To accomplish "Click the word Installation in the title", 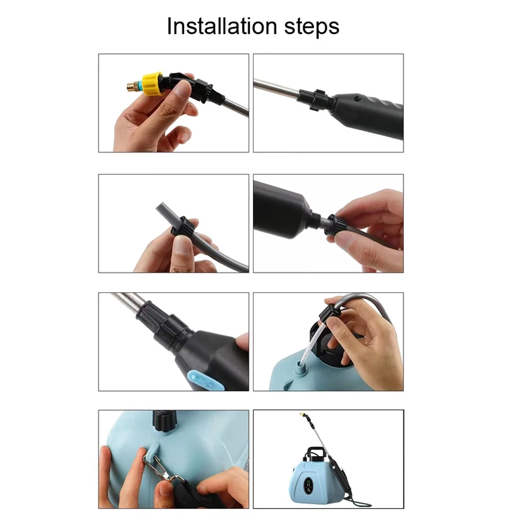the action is (222, 26).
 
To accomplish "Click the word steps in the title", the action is (312, 27).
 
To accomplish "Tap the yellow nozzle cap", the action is (153, 83).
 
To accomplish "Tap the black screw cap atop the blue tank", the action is (164, 421).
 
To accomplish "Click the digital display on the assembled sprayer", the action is (308, 485).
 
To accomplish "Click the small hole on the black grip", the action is (357, 99).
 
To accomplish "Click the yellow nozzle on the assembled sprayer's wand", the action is (303, 415).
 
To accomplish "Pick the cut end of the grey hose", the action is (161, 206).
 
